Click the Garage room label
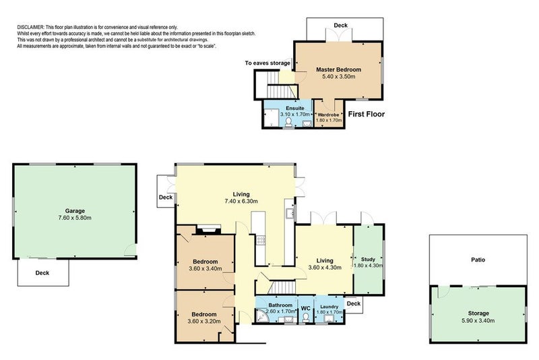75,211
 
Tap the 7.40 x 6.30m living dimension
241,201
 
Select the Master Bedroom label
339,69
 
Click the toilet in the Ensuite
288,123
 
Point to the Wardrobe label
328,115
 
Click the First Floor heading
367,114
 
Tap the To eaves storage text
267,63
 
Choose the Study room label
368,260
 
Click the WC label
306,308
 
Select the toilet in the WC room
306,318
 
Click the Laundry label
329,307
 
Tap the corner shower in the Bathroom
262,316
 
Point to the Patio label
478,260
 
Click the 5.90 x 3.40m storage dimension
478,321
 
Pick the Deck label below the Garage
42,273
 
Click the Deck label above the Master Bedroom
341,26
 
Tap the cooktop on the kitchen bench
261,240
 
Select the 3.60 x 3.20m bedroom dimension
204,322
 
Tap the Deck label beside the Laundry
354,303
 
